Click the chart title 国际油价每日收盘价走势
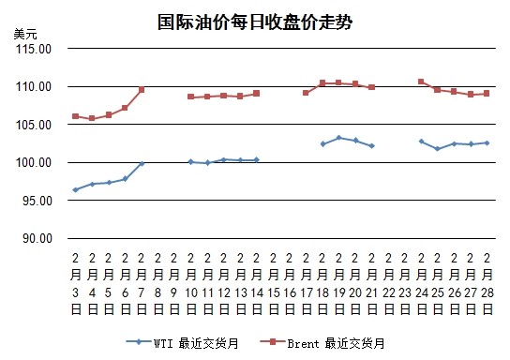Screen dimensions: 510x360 click(255, 22)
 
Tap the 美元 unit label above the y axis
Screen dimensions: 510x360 click(25, 34)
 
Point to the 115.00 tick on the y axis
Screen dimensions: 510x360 click(34, 49)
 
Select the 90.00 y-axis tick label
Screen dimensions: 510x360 click(37, 238)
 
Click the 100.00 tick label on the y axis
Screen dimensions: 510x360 click(34, 162)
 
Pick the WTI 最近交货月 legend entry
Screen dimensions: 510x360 click(182, 343)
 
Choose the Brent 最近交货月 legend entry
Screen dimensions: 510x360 click(322, 343)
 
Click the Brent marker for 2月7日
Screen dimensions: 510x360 click(142, 89)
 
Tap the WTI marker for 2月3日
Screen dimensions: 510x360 click(75, 189)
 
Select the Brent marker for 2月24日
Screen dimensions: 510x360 click(421, 82)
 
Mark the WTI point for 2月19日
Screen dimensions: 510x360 click(339, 138)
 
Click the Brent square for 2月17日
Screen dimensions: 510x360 click(306, 93)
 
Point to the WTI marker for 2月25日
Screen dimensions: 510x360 click(438, 149)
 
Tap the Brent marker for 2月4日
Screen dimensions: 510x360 click(92, 118)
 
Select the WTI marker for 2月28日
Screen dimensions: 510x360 click(487, 142)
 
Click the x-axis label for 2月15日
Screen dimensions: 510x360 click(273, 283)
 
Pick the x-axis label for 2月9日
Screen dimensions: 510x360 click(174, 283)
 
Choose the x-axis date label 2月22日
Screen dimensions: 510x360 click(389, 283)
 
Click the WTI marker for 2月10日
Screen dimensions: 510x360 click(191, 161)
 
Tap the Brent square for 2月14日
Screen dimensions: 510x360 click(256, 94)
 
